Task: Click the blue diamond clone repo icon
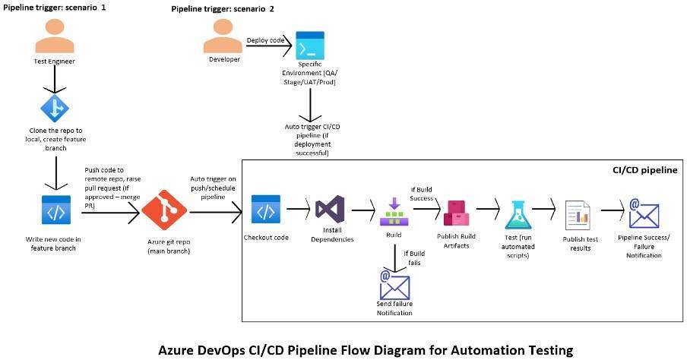click(x=55, y=109)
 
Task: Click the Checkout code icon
click(x=267, y=210)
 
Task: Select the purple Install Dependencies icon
click(x=331, y=209)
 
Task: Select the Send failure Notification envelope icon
click(x=394, y=286)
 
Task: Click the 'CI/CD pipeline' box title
click(x=644, y=170)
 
